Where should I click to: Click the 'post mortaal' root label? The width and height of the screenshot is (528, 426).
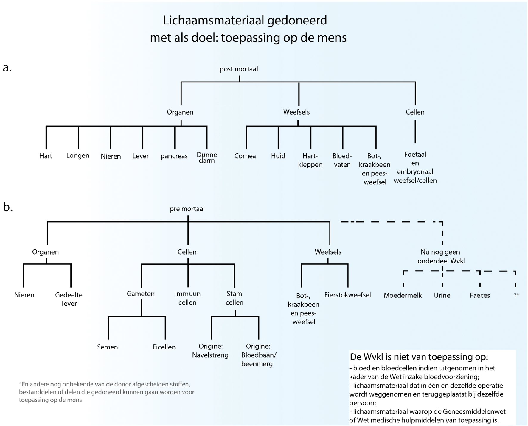click(x=239, y=69)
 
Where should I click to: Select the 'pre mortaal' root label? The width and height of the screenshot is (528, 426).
click(x=187, y=209)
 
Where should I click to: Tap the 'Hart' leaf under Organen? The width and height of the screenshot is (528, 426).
click(x=46, y=156)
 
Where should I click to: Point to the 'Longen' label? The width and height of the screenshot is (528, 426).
click(x=78, y=156)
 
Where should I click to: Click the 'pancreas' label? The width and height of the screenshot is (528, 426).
click(x=174, y=156)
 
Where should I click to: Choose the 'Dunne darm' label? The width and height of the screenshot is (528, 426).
click(x=207, y=158)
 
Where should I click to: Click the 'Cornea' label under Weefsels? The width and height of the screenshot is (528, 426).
click(x=245, y=156)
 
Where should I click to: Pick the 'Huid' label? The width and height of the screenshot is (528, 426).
click(x=278, y=156)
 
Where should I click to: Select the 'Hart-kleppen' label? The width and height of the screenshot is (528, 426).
click(x=310, y=160)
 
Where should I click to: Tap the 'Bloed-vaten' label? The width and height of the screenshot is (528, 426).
click(x=342, y=160)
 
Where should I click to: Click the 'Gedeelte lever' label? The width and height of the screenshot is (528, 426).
click(x=69, y=299)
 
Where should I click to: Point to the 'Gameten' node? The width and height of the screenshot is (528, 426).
click(x=141, y=294)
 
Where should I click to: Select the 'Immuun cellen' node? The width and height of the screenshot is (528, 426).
click(x=187, y=298)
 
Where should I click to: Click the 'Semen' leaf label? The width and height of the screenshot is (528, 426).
click(x=107, y=347)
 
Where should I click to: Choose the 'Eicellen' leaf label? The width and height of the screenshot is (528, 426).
click(x=164, y=347)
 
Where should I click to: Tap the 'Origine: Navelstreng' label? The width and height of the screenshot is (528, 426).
click(x=210, y=351)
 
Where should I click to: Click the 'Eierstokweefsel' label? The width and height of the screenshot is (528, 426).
click(x=347, y=295)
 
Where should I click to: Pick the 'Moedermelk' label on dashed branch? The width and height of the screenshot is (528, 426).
click(x=403, y=295)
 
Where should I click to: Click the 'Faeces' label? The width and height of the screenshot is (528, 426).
click(x=480, y=295)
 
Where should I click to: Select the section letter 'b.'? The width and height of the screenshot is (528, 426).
click(x=8, y=207)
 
